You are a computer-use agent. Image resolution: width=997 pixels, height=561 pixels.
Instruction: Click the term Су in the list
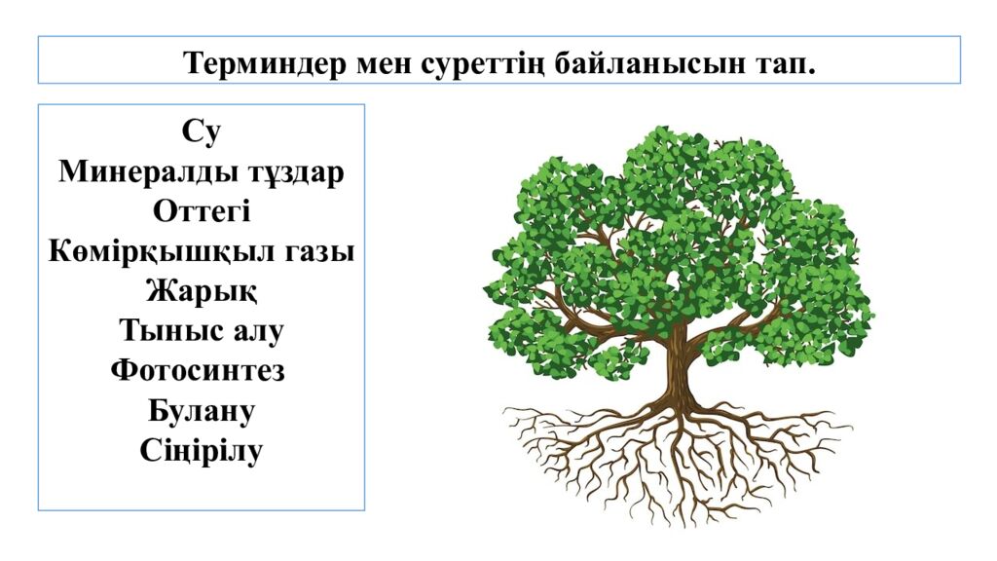202,131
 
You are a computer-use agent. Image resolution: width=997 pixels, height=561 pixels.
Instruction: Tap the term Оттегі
202,211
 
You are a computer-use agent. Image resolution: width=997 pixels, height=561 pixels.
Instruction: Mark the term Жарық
202,291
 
